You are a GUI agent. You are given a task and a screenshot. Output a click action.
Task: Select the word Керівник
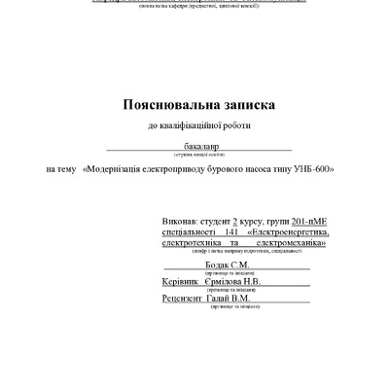(183, 283)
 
